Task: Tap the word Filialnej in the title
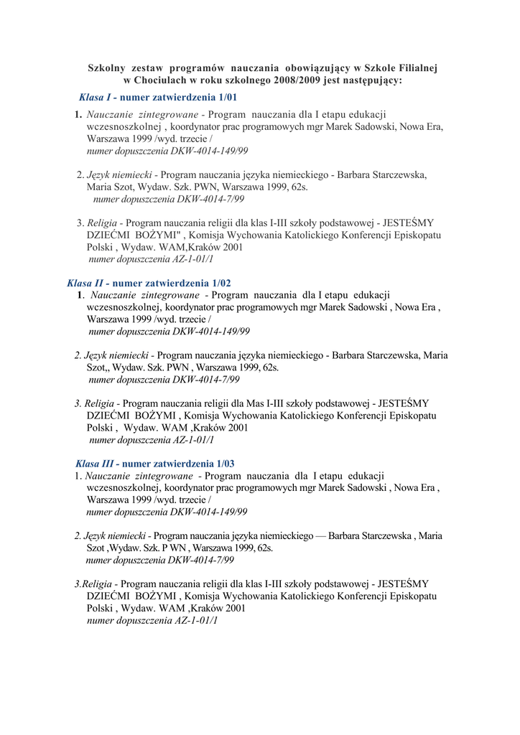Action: [x=417, y=67]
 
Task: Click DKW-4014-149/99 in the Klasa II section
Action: [x=210, y=331]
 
